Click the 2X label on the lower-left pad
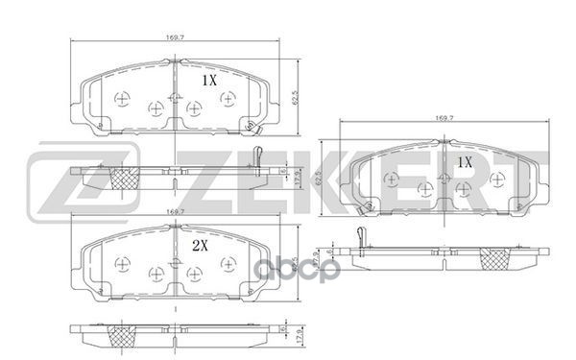[x=201, y=246]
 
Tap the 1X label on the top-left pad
[x=208, y=82]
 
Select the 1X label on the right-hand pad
[x=465, y=162]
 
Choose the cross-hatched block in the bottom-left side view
[x=121, y=336]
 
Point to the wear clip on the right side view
[x=358, y=233]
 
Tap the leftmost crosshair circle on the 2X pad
[x=121, y=264]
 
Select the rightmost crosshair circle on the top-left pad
[x=227, y=99]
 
